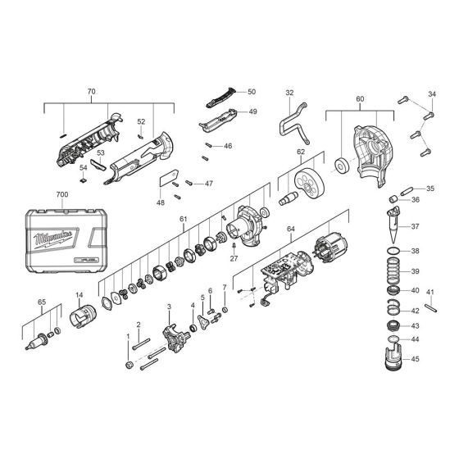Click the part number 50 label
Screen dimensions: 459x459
point(252,92)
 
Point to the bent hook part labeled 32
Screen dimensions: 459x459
point(292,125)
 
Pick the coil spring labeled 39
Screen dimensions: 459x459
point(393,271)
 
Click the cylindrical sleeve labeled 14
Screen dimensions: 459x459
point(81,313)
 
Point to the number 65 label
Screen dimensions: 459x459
point(43,302)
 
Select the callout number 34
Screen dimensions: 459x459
point(433,94)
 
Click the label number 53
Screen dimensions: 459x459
point(101,152)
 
